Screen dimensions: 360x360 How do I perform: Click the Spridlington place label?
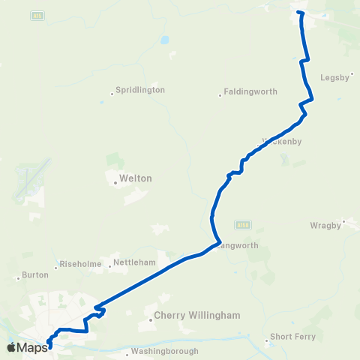(x=140, y=90)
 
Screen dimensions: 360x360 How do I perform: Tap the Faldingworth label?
(x=252, y=92)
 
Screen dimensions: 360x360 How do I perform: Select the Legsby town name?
(x=334, y=76)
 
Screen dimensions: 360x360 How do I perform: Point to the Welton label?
(x=136, y=179)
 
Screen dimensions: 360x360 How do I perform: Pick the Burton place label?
(x=35, y=275)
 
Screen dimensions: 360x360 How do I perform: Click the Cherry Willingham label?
(x=197, y=316)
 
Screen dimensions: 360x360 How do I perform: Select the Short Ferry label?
(x=293, y=337)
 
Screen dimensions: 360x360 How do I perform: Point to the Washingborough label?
(x=164, y=351)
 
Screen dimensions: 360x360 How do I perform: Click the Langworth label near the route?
(x=239, y=246)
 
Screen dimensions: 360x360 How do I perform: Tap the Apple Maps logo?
(x=27, y=347)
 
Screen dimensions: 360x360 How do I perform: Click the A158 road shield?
(x=241, y=224)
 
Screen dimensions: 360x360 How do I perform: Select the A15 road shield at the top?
(x=37, y=15)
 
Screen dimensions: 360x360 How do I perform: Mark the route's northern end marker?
(x=299, y=13)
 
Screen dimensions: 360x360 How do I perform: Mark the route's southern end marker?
(x=49, y=345)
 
